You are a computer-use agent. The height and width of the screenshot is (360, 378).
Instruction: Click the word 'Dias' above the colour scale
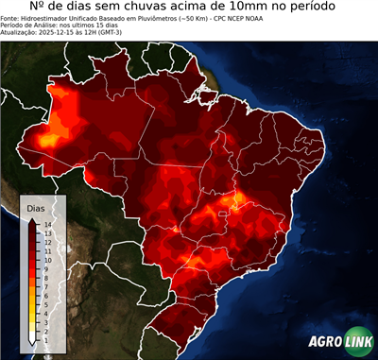(x=35, y=207)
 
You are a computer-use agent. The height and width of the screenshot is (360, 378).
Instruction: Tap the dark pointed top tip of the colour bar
(x=32, y=219)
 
